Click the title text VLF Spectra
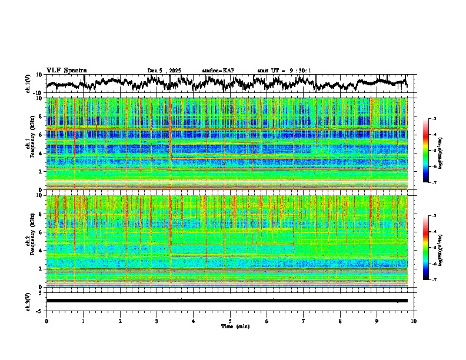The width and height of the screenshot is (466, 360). coord(66,70)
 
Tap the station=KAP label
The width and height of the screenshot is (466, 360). coord(218,71)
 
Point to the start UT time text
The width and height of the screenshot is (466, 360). coord(284,71)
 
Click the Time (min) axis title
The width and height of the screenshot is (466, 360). coord(230,326)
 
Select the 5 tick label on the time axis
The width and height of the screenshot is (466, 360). coord(230,321)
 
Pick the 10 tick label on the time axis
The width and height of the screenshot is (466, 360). coord(414,321)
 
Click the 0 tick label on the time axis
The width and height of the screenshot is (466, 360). coord(46,321)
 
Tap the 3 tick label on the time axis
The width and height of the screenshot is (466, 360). coord(157,321)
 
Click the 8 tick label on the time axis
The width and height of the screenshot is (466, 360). coord(340,321)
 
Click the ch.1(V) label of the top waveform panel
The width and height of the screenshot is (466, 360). coord(28,84)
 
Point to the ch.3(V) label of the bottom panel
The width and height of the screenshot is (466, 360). coord(28,301)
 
